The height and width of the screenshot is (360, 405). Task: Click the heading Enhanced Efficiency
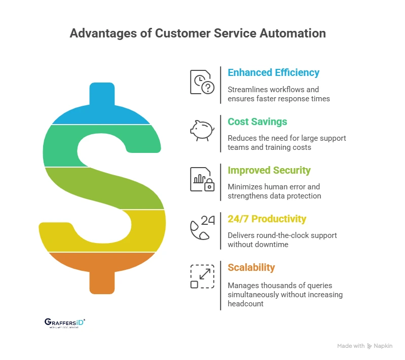tap(273, 72)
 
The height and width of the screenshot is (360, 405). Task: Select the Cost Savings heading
tap(257, 122)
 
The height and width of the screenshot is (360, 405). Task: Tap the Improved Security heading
tap(269, 170)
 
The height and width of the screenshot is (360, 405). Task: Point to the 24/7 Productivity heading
tap(267, 219)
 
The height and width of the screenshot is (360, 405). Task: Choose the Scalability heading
tap(251, 267)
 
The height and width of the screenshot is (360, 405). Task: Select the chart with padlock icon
tap(202, 179)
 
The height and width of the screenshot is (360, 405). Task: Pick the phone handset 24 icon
tap(202, 227)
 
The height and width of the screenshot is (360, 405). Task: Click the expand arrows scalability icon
tap(202, 276)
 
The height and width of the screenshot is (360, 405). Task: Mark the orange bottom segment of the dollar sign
tap(101, 268)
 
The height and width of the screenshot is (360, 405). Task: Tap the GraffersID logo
tap(65, 323)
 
